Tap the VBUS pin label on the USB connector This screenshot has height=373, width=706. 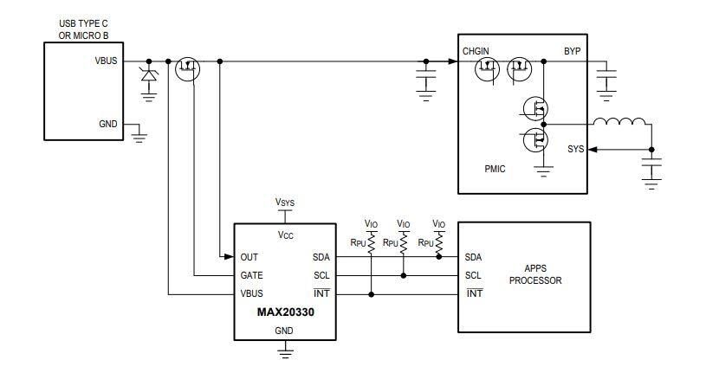tap(107, 61)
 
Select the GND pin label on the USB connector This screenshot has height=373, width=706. tap(109, 124)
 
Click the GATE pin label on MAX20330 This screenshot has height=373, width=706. tap(252, 275)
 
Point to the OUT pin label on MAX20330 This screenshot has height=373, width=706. tap(249, 257)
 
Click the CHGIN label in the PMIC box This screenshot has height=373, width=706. tap(476, 51)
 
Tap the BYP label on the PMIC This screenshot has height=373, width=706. tap(572, 51)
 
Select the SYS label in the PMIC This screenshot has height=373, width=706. tap(575, 150)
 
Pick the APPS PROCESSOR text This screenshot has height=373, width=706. tap(536, 275)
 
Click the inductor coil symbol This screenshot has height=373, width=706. tap(621, 121)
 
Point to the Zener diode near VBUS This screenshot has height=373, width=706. tap(148, 75)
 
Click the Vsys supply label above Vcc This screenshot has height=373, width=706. tap(285, 202)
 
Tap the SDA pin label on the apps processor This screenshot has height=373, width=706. tap(473, 257)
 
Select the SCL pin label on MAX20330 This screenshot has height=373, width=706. tap(321, 275)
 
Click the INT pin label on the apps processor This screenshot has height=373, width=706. tap(473, 294)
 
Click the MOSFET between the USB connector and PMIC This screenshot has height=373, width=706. tap(187, 69)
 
